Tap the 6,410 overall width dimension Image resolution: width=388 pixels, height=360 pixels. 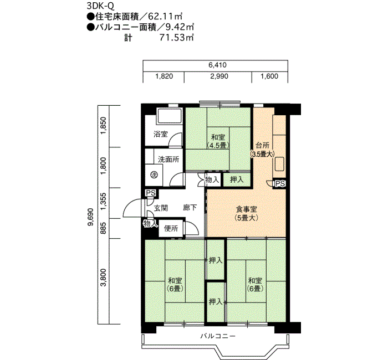[217, 65]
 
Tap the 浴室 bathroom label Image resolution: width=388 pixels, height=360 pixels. [161, 134]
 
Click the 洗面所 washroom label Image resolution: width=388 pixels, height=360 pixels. [169, 160]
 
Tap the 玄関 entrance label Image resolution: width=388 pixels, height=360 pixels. [161, 208]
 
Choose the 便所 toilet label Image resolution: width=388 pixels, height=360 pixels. [171, 228]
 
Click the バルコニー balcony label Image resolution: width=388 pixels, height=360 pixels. [218, 336]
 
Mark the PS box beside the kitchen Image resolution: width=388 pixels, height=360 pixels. [280, 183]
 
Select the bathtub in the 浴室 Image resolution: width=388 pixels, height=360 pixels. [170, 116]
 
